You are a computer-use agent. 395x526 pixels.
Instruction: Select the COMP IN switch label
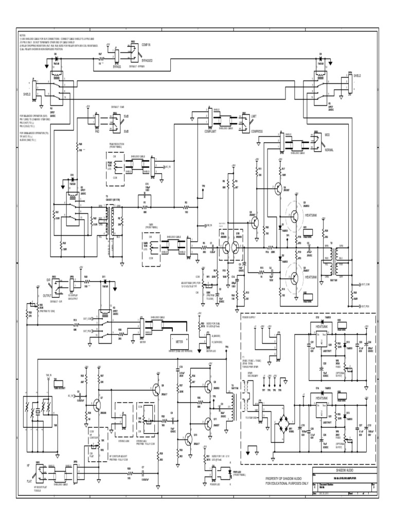tap(148, 45)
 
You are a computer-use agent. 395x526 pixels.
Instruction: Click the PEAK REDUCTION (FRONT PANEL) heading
tap(119, 146)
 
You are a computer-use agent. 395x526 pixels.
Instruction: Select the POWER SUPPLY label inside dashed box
tap(249, 317)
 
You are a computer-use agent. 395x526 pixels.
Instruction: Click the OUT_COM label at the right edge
tap(367, 284)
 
